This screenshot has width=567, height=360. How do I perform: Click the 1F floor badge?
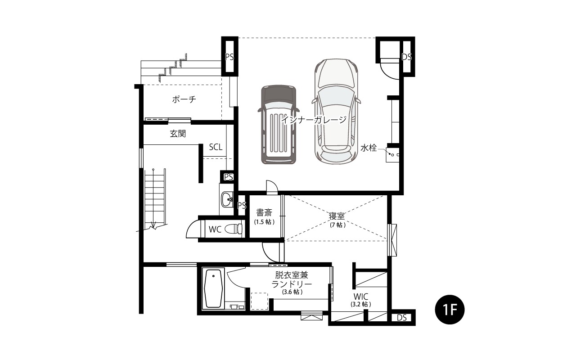(x=450, y=309)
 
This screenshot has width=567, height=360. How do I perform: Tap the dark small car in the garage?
(x=279, y=125)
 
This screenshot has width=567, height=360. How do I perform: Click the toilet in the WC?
(x=233, y=229)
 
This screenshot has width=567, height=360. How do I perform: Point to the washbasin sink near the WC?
(x=227, y=199)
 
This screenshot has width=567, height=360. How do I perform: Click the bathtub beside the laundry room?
(x=213, y=288)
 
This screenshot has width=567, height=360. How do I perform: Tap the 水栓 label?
(x=369, y=148)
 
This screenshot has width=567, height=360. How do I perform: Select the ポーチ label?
(x=184, y=99)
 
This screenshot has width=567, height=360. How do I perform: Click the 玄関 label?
(x=178, y=133)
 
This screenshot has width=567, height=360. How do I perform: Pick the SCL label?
(x=216, y=147)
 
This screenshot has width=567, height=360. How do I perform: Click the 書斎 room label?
(x=264, y=212)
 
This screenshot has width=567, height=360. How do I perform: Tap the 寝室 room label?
(x=337, y=216)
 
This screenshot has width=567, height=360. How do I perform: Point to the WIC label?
(x=361, y=296)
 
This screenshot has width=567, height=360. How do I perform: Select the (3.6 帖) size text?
(x=292, y=292)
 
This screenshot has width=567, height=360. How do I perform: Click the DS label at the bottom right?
(x=402, y=317)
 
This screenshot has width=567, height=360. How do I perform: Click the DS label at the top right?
(x=406, y=57)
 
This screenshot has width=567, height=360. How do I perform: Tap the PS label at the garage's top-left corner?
(x=229, y=57)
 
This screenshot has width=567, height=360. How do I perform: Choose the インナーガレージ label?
(x=314, y=120)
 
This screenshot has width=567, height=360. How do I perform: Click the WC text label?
(x=215, y=229)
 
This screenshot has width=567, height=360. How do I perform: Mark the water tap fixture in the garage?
(x=392, y=154)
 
